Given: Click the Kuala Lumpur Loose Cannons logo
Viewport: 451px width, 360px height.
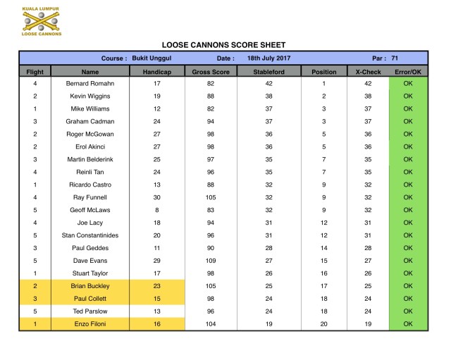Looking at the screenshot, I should pyautogui.click(x=42, y=22).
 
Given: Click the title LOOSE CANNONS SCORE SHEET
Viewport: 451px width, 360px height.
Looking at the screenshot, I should pyautogui.click(x=223, y=45).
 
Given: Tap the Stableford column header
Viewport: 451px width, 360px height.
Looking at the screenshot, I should pyautogui.click(x=270, y=72).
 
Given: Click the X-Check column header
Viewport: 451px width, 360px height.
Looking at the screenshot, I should pyautogui.click(x=367, y=72).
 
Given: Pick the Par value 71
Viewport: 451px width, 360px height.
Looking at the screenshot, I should pyautogui.click(x=395, y=58).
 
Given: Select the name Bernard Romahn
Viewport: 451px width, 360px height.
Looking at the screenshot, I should pyautogui.click(x=90, y=84).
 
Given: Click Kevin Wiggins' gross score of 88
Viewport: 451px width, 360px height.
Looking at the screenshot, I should pyautogui.click(x=211, y=97).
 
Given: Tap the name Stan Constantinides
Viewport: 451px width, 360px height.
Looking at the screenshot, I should pyautogui.click(x=90, y=235).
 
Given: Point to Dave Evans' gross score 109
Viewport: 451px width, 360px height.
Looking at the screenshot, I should pyautogui.click(x=211, y=261).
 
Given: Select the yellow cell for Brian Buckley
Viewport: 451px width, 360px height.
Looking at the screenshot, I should pyautogui.click(x=90, y=286).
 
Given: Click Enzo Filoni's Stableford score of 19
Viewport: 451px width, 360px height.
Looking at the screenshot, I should pyautogui.click(x=270, y=324).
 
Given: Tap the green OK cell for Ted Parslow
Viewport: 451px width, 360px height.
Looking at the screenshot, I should pyautogui.click(x=408, y=311).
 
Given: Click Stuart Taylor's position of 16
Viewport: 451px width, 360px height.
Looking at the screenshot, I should pyautogui.click(x=324, y=273).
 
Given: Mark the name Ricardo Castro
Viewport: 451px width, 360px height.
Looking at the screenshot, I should pyautogui.click(x=90, y=185).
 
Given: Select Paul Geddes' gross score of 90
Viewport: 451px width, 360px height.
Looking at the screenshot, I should pyautogui.click(x=211, y=248).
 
